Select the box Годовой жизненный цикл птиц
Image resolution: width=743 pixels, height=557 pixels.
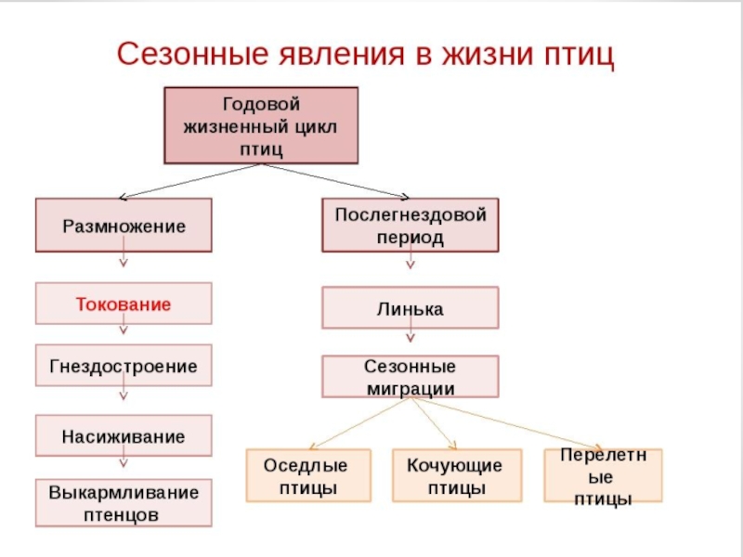[261, 125]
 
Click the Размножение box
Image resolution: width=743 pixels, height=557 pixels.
[124, 226]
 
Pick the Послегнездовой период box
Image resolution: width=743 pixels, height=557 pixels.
[410, 226]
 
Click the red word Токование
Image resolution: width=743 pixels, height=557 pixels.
[124, 304]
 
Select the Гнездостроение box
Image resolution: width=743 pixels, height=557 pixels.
[124, 366]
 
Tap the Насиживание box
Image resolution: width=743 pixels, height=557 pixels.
[124, 435]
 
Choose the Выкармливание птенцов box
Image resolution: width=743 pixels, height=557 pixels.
[124, 502]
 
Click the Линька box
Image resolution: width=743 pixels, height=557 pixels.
[410, 308]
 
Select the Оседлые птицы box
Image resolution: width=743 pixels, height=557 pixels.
[307, 475]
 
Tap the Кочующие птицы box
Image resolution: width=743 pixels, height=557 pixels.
[454, 475]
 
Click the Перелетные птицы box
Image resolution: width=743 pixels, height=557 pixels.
[603, 475]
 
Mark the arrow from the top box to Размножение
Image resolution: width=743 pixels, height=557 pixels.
[190, 180]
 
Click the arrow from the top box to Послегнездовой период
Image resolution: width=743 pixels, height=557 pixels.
[334, 180]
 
